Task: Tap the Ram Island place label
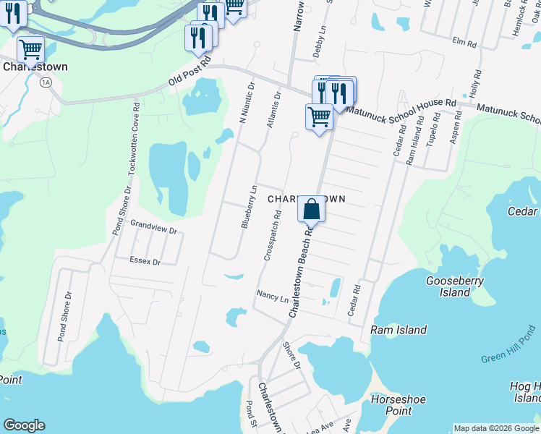tap(399, 330)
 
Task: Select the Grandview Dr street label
tap(153, 229)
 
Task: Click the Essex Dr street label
tap(145, 260)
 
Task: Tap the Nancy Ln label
tap(273, 297)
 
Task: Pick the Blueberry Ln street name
tap(249, 207)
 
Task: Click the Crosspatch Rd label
tap(273, 235)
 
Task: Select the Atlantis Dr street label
tap(274, 109)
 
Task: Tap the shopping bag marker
tap(311, 209)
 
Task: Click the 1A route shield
tap(46, 82)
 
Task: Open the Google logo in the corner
tap(24, 425)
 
